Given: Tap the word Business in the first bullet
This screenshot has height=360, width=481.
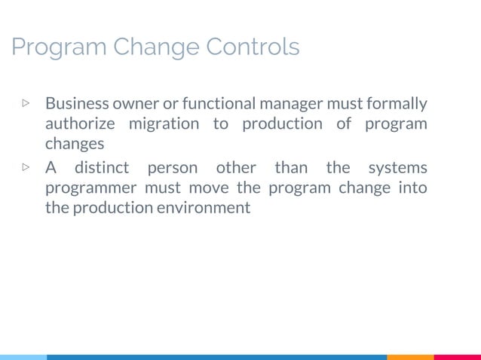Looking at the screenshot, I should point(76,103).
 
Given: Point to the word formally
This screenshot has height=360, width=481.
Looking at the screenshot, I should point(398,103).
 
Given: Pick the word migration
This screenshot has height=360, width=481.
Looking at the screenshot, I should point(164,124).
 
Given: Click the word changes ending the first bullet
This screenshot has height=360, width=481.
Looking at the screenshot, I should point(74,144).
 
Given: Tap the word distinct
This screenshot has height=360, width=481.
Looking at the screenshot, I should point(102,167).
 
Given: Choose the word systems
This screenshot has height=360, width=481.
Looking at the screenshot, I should point(398,167).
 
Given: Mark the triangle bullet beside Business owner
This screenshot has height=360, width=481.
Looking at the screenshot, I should point(26,102).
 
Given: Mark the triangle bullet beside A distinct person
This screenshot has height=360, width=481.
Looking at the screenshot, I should point(26,166).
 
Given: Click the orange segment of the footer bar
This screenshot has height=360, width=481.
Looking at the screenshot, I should point(410,357).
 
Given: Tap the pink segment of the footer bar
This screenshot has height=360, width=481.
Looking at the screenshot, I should point(458,357).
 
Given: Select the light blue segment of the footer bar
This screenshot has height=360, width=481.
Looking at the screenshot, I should point(23,357).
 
